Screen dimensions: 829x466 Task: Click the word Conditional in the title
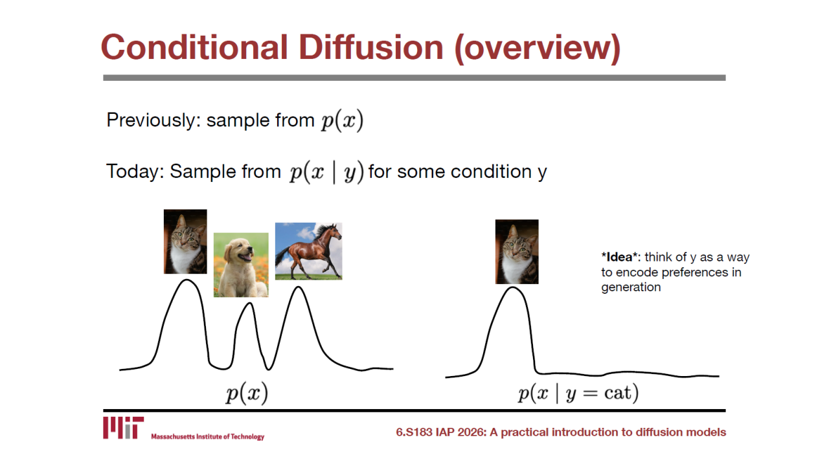[x=194, y=47]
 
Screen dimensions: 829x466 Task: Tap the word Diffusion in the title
[x=371, y=47]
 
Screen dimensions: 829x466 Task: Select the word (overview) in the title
[x=537, y=49]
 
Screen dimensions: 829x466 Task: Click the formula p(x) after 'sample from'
[x=343, y=120]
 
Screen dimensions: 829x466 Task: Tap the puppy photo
[x=241, y=265]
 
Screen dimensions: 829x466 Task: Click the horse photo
[x=309, y=251]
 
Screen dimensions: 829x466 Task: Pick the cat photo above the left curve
[x=185, y=241]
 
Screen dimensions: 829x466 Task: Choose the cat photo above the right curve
[x=517, y=252]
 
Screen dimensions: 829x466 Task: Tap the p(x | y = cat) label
[x=578, y=393]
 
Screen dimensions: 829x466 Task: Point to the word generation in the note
[x=631, y=287]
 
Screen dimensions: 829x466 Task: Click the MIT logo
[x=123, y=428]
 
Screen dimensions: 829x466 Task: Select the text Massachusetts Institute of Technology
[x=208, y=437]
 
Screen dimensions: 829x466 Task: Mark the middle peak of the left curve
[x=250, y=303]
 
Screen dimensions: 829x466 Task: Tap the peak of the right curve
[x=513, y=287]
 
